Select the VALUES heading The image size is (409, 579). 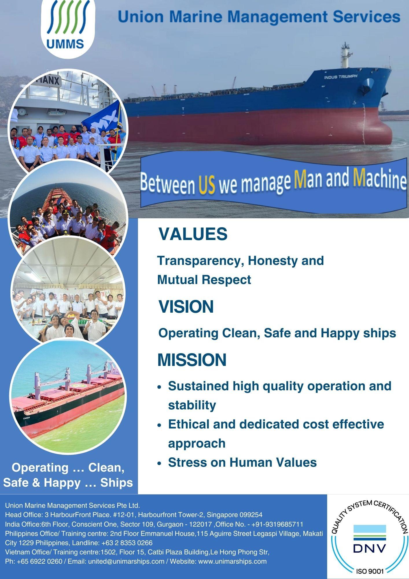(x=193, y=234)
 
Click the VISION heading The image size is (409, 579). (x=186, y=307)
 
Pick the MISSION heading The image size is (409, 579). (x=192, y=360)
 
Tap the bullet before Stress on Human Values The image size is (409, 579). (x=159, y=463)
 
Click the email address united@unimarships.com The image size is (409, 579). (x=126, y=562)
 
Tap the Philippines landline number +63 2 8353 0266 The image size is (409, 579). (x=127, y=543)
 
